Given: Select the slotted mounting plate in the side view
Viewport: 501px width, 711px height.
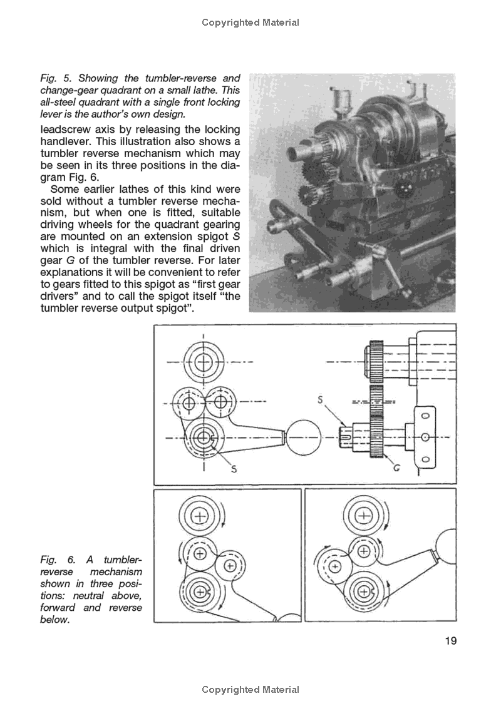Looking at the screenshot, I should point(425,437).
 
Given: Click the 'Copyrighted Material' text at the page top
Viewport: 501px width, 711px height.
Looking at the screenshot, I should point(250,23).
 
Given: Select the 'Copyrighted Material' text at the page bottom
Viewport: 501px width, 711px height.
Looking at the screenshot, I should point(250,690).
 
